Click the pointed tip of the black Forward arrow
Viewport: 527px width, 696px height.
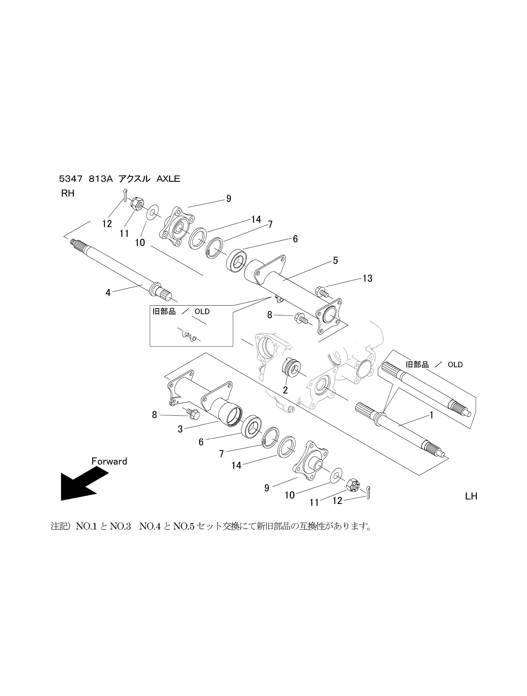61,500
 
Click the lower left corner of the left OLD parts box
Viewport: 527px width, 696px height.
150,346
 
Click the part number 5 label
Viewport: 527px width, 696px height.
335,260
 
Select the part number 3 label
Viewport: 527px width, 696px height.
180,429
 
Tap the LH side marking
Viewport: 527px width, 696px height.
471,496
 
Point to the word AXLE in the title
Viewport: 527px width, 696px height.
168,179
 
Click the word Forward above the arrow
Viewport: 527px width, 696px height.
109,461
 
